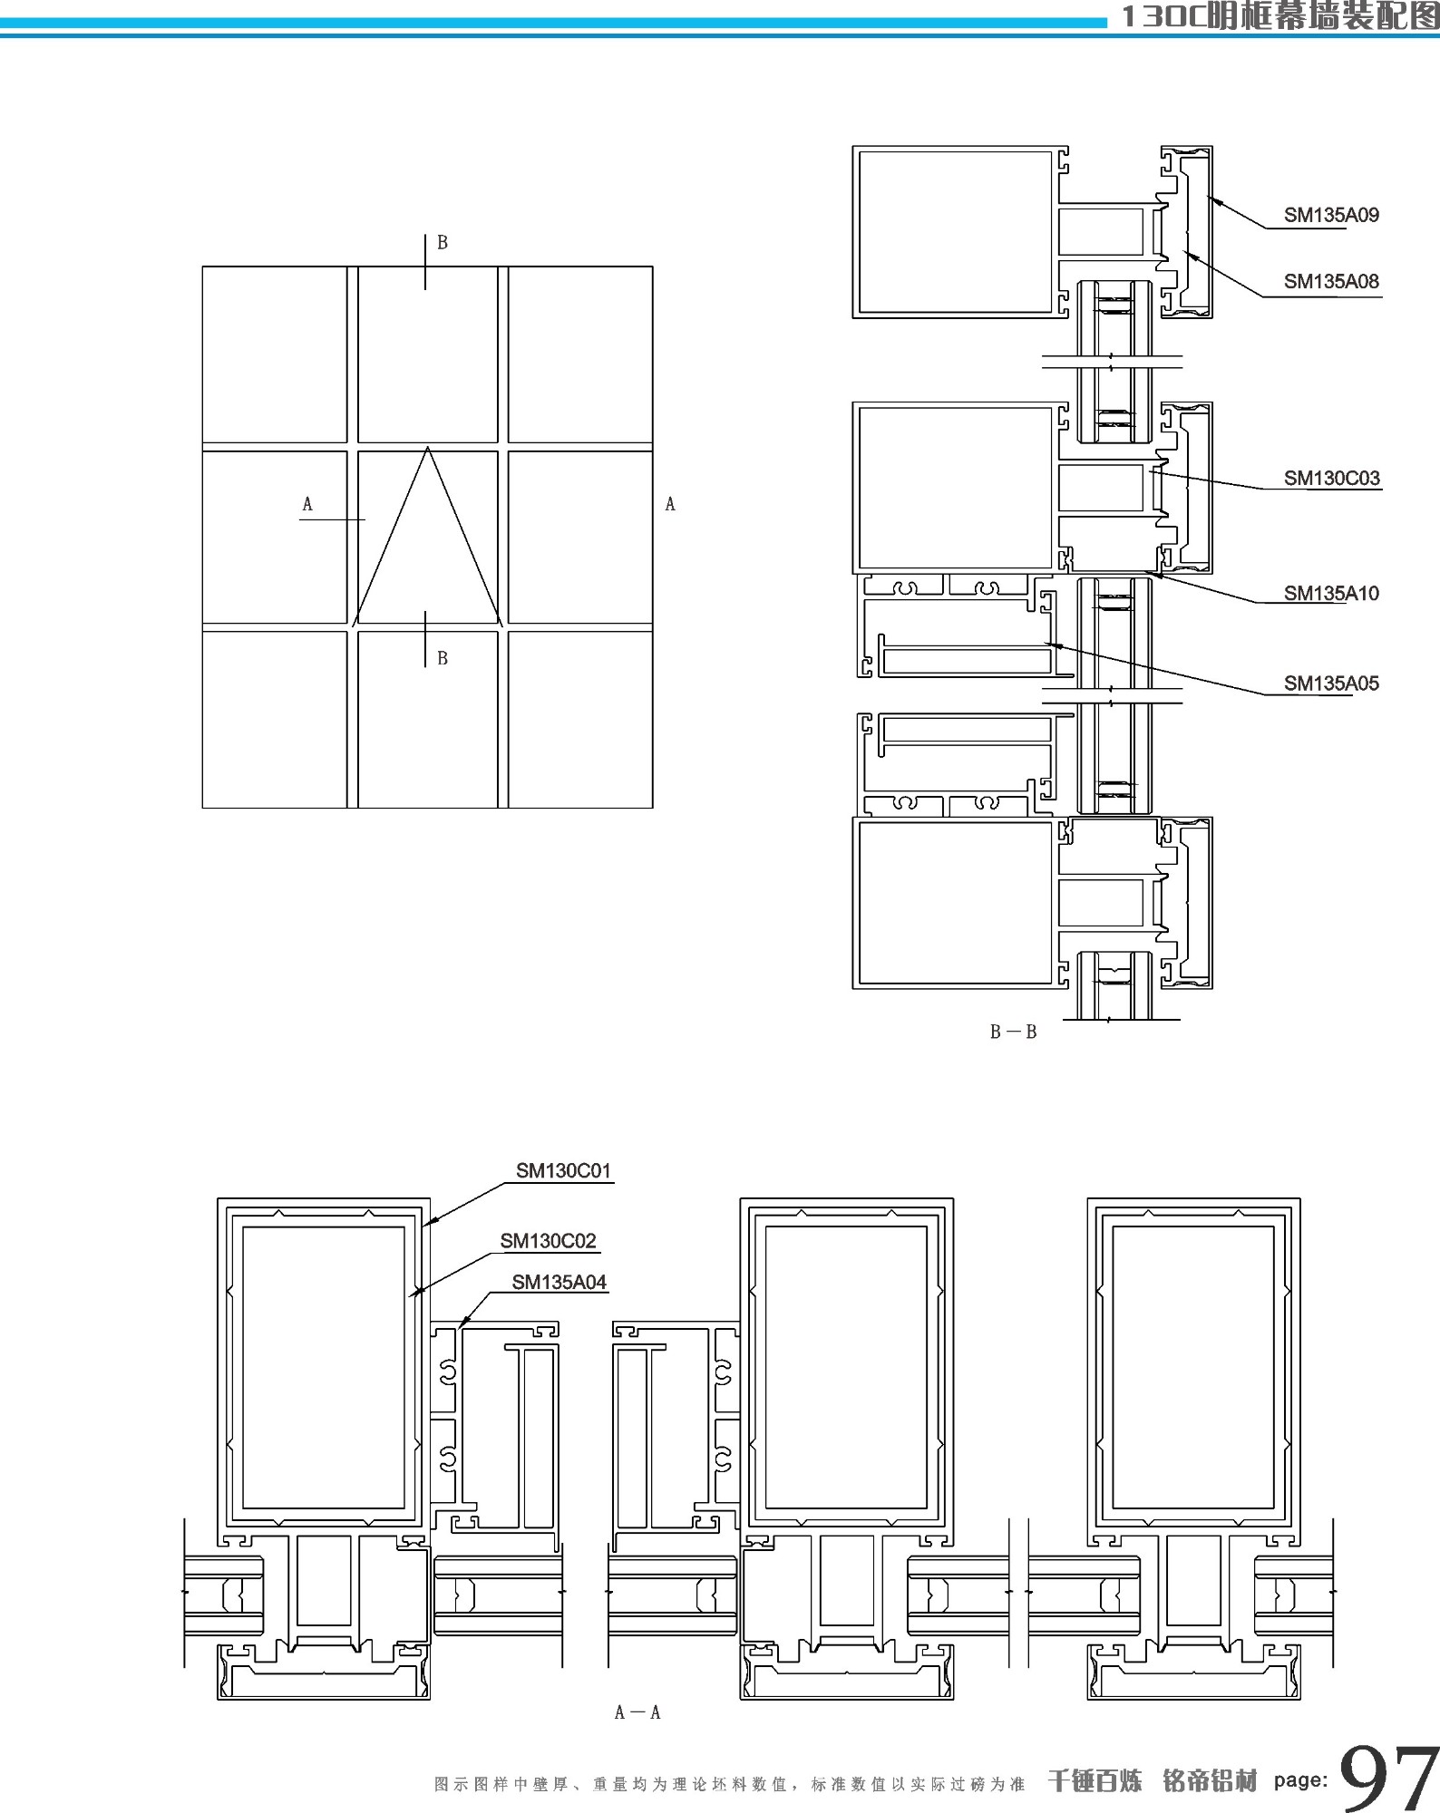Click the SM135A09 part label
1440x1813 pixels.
coord(1330,216)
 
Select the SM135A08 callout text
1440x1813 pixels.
coord(1330,282)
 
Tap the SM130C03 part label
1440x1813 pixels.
coord(1331,479)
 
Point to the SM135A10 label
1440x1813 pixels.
coord(1330,594)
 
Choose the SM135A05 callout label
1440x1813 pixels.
coord(1330,684)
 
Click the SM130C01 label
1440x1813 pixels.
coord(563,1171)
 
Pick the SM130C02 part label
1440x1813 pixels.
coord(548,1241)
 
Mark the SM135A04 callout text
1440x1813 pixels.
coord(559,1283)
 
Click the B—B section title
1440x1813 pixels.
coord(1013,1032)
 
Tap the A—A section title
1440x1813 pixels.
coord(637,1712)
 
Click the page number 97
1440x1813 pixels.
coord(1387,1779)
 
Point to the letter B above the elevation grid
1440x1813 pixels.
coord(443,243)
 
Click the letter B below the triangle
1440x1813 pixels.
coord(443,659)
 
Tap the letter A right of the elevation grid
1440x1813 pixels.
coord(670,505)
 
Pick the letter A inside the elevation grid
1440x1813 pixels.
coord(307,505)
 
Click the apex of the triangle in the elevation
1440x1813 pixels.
coord(427,448)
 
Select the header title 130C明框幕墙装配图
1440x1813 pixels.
coord(1279,17)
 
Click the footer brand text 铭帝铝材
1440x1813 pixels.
coord(1210,1781)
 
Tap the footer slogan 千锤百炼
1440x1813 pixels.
coord(1095,1781)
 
